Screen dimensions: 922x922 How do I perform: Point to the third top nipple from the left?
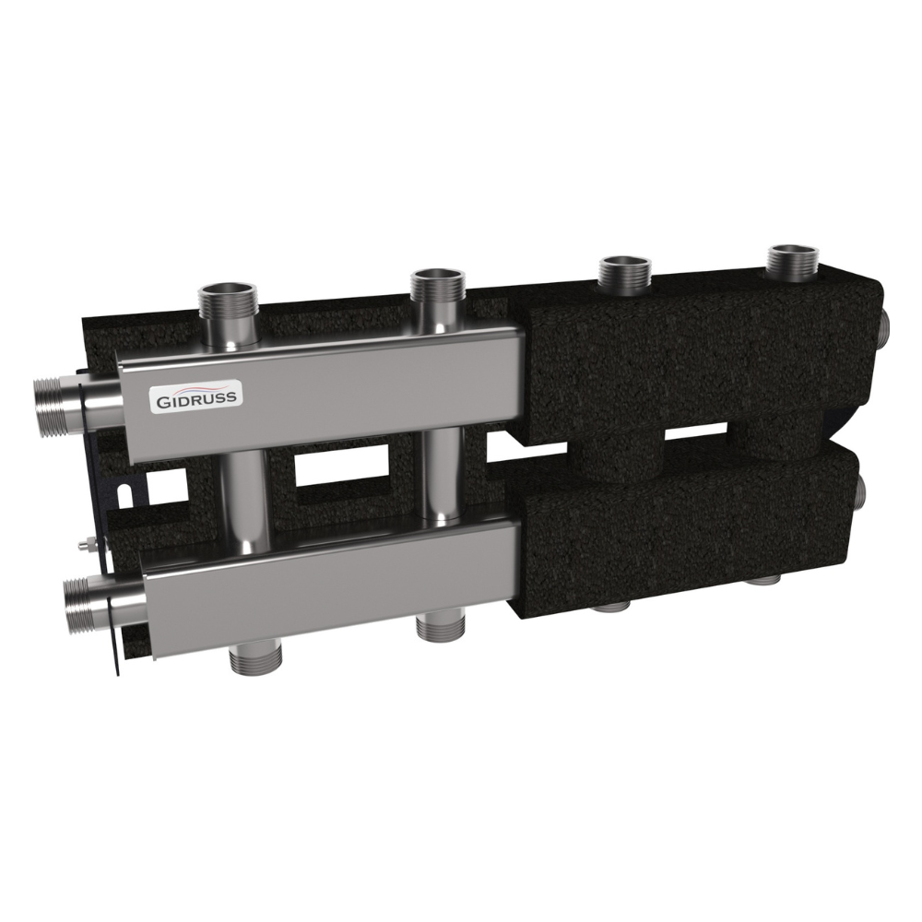point(624,274)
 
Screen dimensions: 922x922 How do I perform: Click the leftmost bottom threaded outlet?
point(255,660)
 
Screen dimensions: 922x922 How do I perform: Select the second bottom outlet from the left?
point(441,627)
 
